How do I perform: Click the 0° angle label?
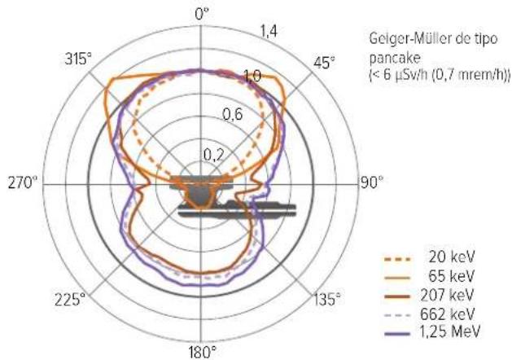pos(202,15)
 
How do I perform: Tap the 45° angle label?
pos(324,63)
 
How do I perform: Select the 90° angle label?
pos(372,182)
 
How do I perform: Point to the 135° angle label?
pos(327,299)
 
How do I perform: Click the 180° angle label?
pos(203,352)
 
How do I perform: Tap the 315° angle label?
pos(78,59)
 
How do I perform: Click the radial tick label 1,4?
pos(268,32)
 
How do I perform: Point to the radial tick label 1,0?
pos(252,77)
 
